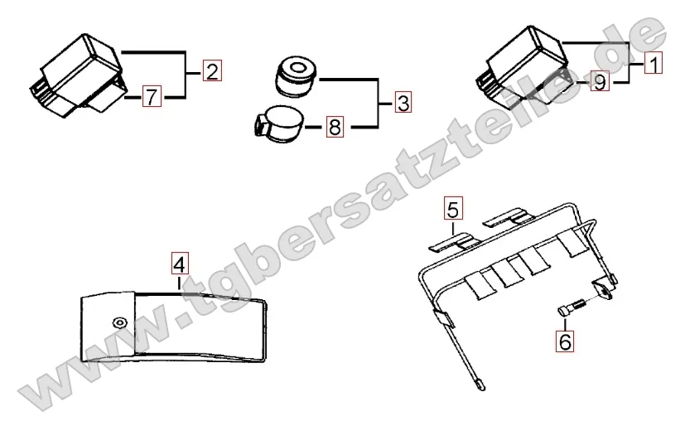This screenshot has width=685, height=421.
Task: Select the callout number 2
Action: tap(213, 71)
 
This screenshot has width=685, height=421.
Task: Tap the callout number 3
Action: tap(402, 104)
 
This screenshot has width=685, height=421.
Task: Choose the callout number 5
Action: tap(451, 206)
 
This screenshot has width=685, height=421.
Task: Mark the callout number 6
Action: tap(563, 339)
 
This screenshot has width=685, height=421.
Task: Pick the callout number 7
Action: tap(150, 96)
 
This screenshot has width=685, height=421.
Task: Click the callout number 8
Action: tap(334, 128)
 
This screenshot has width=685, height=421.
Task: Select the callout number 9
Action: tap(600, 82)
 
